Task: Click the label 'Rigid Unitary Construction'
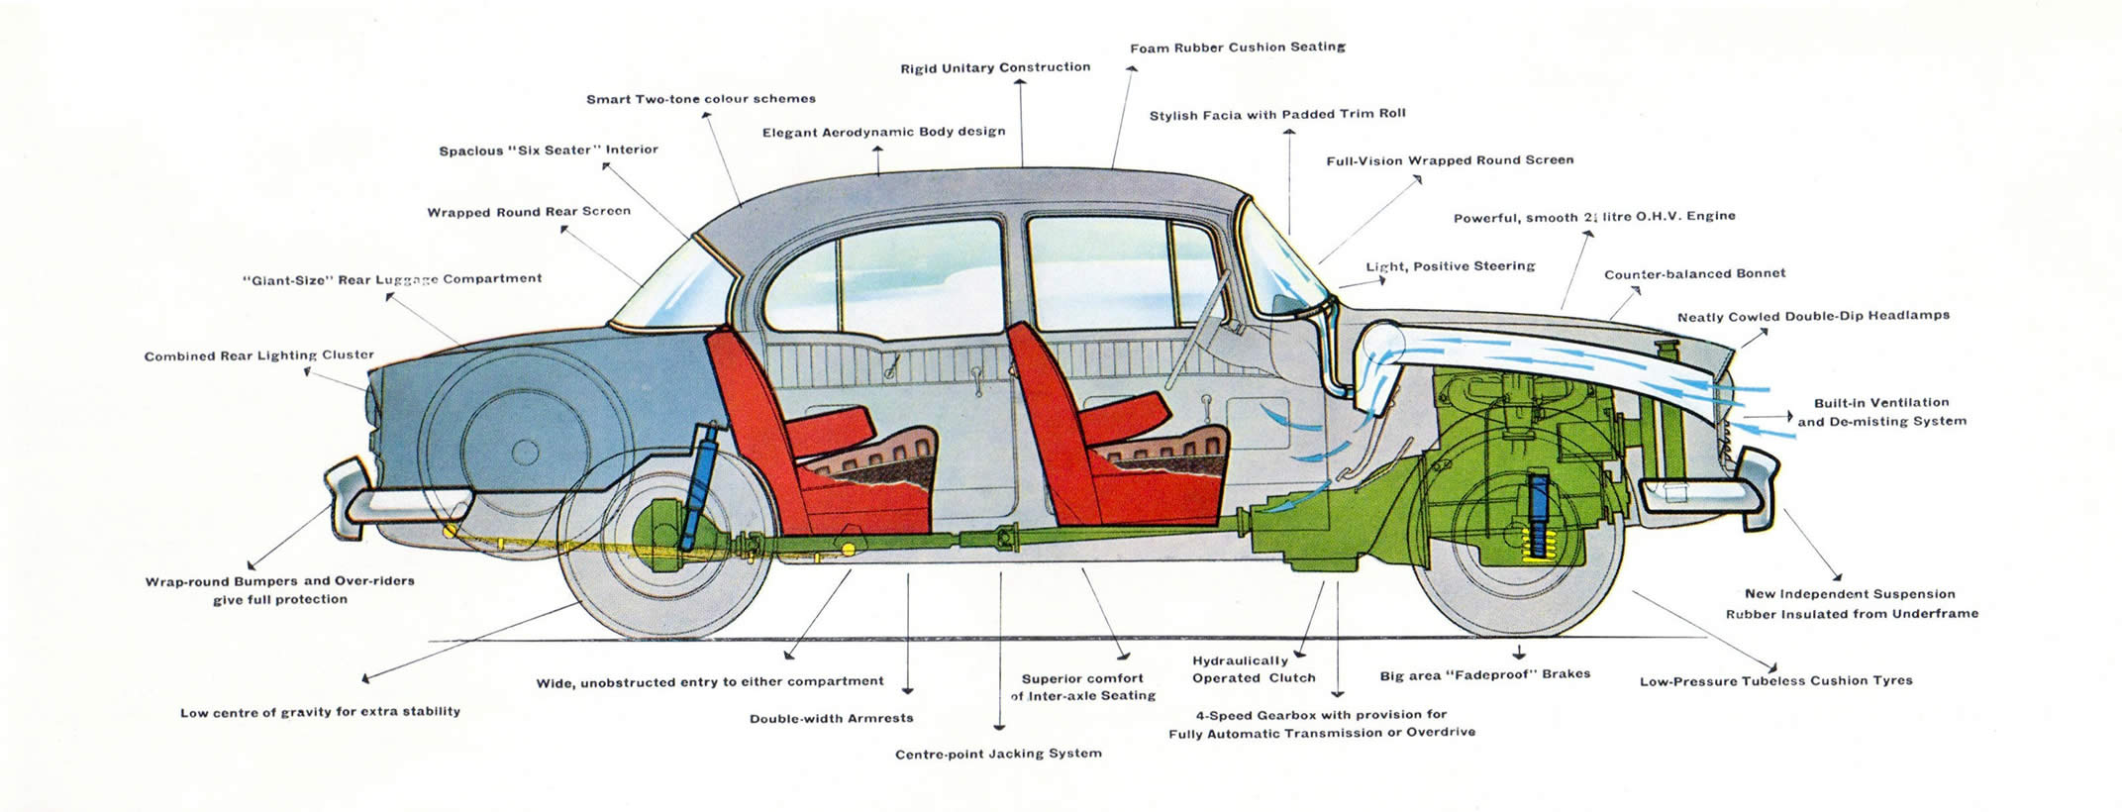click(995, 67)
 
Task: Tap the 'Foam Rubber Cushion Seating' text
click(1237, 47)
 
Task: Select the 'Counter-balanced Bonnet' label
click(1694, 273)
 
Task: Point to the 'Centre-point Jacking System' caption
click(998, 754)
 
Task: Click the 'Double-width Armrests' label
click(831, 718)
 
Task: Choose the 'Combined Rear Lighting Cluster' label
click(258, 355)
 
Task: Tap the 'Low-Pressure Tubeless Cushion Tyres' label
click(1775, 680)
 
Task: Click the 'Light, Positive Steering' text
click(1450, 265)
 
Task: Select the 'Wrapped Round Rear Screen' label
click(528, 211)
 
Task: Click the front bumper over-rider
click(1758, 485)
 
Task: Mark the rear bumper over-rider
click(342, 493)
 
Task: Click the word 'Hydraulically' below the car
click(1240, 660)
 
